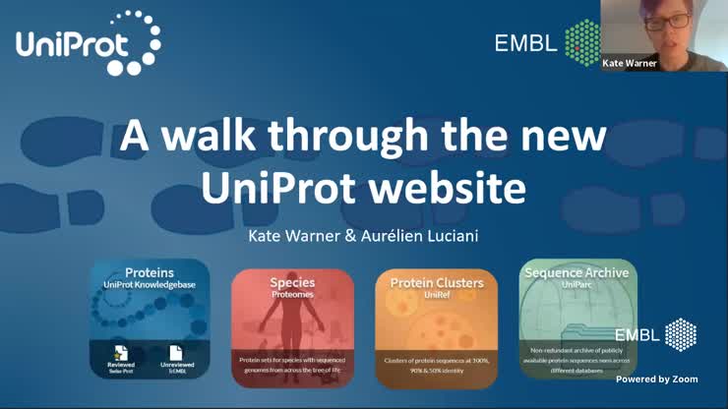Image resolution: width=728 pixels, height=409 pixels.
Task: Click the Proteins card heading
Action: pyautogui.click(x=150, y=272)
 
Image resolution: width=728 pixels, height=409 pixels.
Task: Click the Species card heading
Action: pyautogui.click(x=292, y=283)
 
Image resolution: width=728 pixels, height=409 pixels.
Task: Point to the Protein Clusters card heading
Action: pyautogui.click(x=437, y=283)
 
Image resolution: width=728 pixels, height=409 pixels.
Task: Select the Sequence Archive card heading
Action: pyautogui.click(x=577, y=271)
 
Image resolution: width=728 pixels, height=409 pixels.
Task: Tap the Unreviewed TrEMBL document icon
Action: pyautogui.click(x=176, y=353)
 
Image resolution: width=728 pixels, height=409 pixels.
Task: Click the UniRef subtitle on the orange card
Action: pyautogui.click(x=437, y=294)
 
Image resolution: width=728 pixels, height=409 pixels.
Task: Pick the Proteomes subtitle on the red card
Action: pyautogui.click(x=292, y=294)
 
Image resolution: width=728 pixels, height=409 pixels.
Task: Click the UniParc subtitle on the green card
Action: pyautogui.click(x=577, y=283)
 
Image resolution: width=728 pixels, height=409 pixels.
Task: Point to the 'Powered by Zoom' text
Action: pyautogui.click(x=656, y=379)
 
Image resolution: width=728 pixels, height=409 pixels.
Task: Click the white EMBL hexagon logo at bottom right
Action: pyautogui.click(x=681, y=334)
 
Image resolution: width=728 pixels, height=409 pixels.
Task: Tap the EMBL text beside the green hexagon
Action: pyautogui.click(x=525, y=42)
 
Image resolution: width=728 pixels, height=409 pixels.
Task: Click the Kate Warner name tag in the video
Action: pyautogui.click(x=630, y=63)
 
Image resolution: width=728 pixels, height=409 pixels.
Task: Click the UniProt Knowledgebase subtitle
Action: pyautogui.click(x=150, y=284)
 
